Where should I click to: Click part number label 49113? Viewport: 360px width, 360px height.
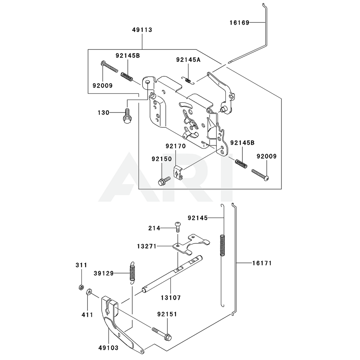(x=142, y=30)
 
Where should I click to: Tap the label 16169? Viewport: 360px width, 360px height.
(x=239, y=23)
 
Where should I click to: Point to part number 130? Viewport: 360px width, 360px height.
(x=103, y=113)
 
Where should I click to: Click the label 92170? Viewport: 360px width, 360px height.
(x=176, y=147)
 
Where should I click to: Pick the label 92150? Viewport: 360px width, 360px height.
(x=161, y=158)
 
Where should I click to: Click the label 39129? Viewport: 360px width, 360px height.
(x=104, y=274)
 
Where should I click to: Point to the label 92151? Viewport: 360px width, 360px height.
(x=167, y=314)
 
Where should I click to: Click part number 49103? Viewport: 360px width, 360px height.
(x=108, y=347)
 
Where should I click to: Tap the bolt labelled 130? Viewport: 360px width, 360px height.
(x=127, y=116)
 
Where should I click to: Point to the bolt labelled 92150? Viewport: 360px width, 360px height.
(x=163, y=180)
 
